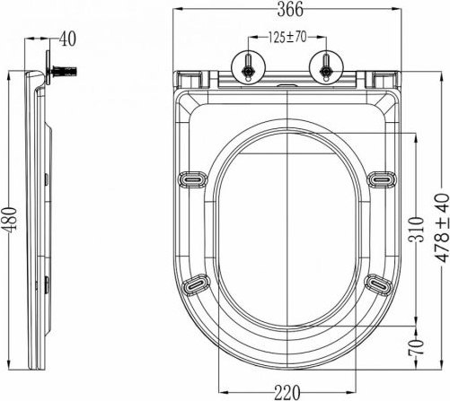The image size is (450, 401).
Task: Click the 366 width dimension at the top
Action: [x=286, y=10]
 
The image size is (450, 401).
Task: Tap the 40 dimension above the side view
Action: [x=67, y=39]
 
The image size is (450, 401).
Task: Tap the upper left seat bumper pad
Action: [x=191, y=179]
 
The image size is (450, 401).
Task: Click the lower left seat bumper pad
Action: [x=195, y=285]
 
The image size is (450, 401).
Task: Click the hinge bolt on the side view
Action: [x=66, y=69]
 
